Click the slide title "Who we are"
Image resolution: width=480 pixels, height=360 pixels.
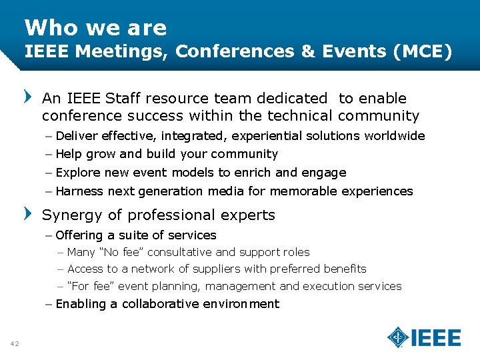coord(95,27)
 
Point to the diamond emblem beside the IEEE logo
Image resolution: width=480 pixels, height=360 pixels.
coord(398,337)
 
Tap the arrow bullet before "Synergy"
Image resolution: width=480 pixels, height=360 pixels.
coord(27,215)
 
